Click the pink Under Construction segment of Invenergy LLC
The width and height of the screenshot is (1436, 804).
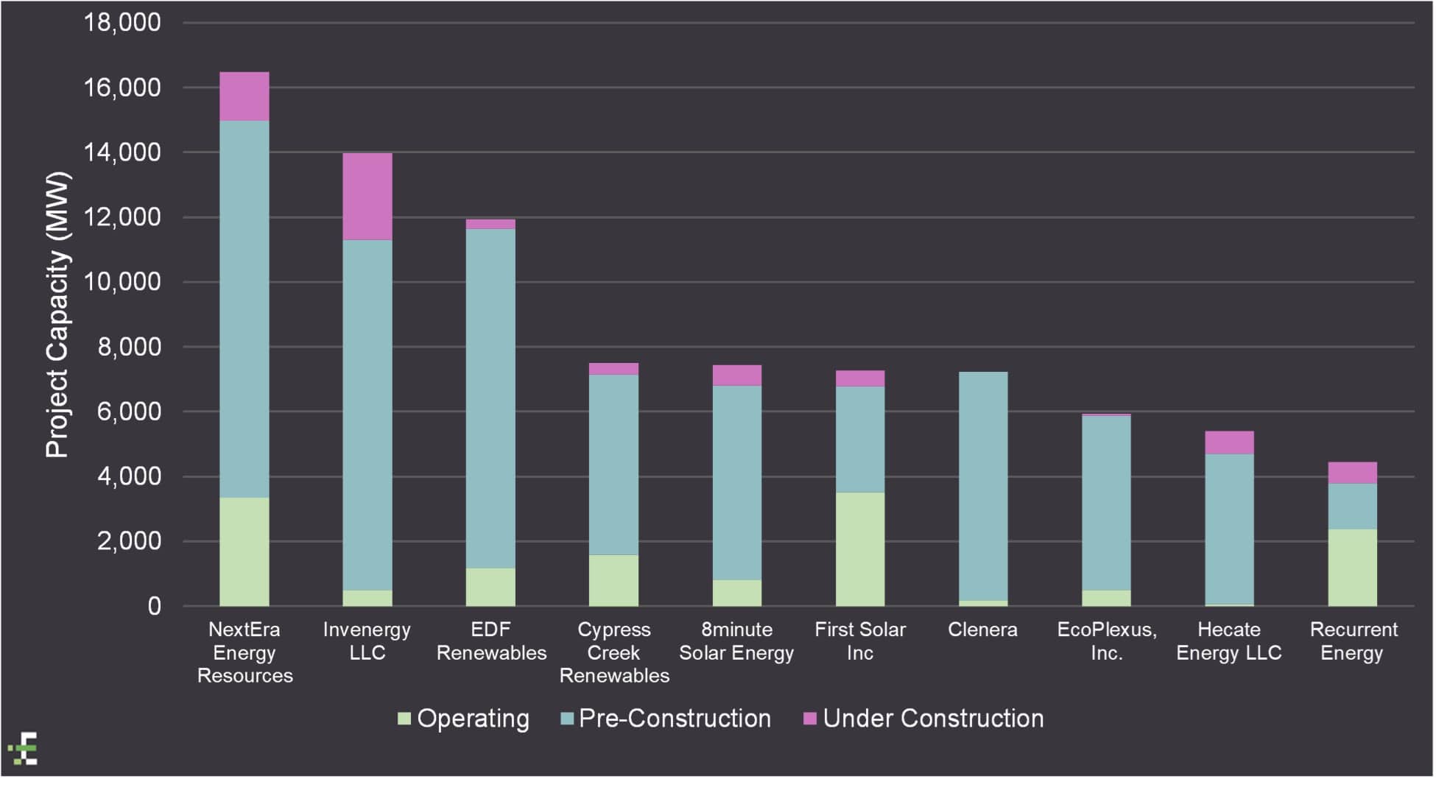(367, 197)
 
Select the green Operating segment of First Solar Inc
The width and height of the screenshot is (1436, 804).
(860, 549)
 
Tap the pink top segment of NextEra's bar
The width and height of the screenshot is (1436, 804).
(244, 96)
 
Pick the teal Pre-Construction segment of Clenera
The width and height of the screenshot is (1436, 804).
(983, 486)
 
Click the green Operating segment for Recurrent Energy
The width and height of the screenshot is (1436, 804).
(1352, 568)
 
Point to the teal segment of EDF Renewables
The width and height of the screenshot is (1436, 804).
(490, 398)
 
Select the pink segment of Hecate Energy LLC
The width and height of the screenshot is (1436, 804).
(1229, 442)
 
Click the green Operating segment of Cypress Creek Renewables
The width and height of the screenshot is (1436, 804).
(613, 580)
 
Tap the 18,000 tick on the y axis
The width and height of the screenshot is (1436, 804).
(122, 23)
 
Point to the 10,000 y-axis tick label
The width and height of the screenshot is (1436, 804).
(122, 282)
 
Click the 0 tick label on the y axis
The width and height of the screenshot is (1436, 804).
(154, 606)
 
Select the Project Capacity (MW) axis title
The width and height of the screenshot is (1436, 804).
(57, 315)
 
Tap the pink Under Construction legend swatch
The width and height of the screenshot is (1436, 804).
(809, 719)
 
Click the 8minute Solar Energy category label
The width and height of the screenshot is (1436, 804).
(736, 641)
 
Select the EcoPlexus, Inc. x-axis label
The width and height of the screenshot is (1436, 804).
(1106, 641)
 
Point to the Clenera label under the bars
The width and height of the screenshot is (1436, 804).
(982, 630)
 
